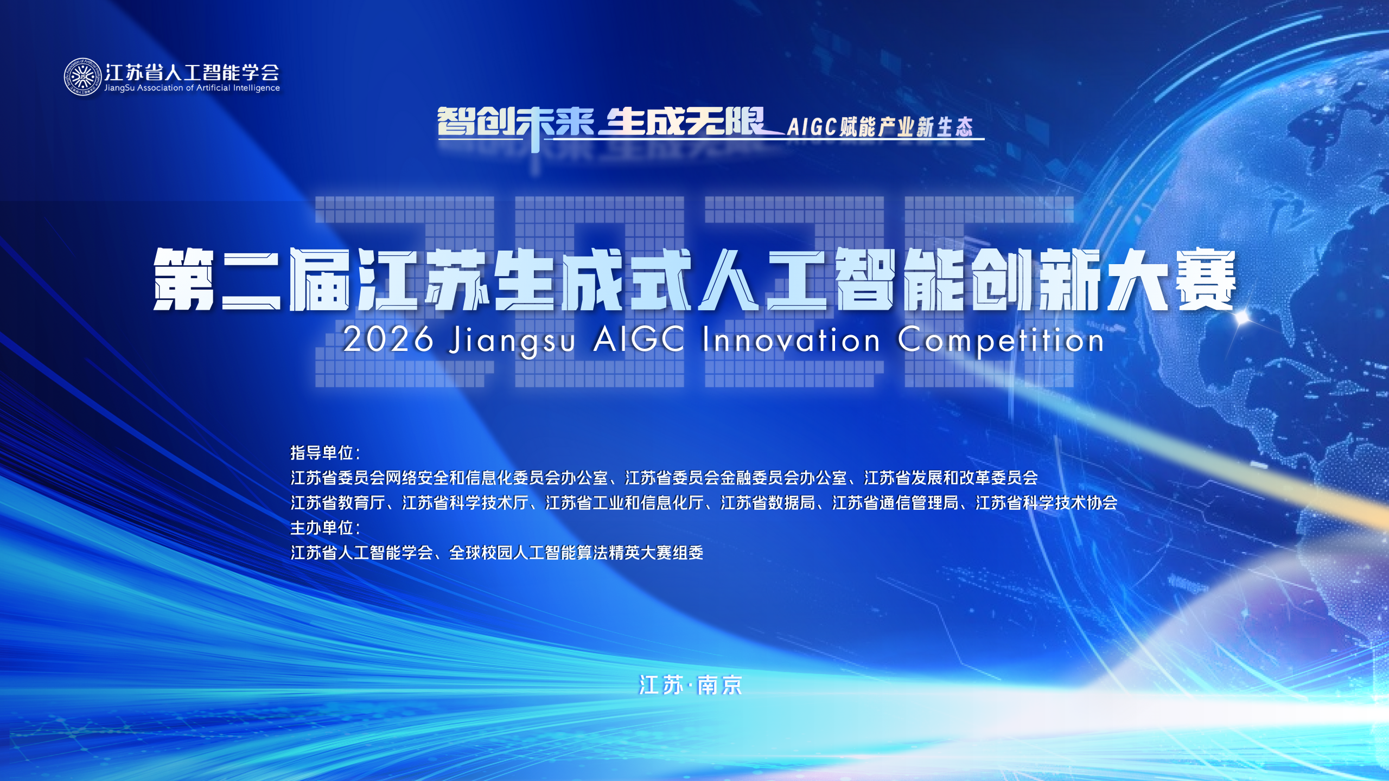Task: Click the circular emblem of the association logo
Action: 83,77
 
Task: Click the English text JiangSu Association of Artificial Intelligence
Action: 192,88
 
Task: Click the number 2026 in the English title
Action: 388,340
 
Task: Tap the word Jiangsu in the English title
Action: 512,342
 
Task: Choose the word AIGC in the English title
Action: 639,340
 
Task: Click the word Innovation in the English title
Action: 791,340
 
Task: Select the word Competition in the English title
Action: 1001,342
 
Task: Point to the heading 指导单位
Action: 322,452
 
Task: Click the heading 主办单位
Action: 322,527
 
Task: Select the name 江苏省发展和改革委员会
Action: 951,478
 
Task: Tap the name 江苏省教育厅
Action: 338,503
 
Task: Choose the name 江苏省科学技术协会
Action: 1047,503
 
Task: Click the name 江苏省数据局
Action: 768,503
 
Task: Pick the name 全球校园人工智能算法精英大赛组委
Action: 576,553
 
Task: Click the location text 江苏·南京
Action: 691,685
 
